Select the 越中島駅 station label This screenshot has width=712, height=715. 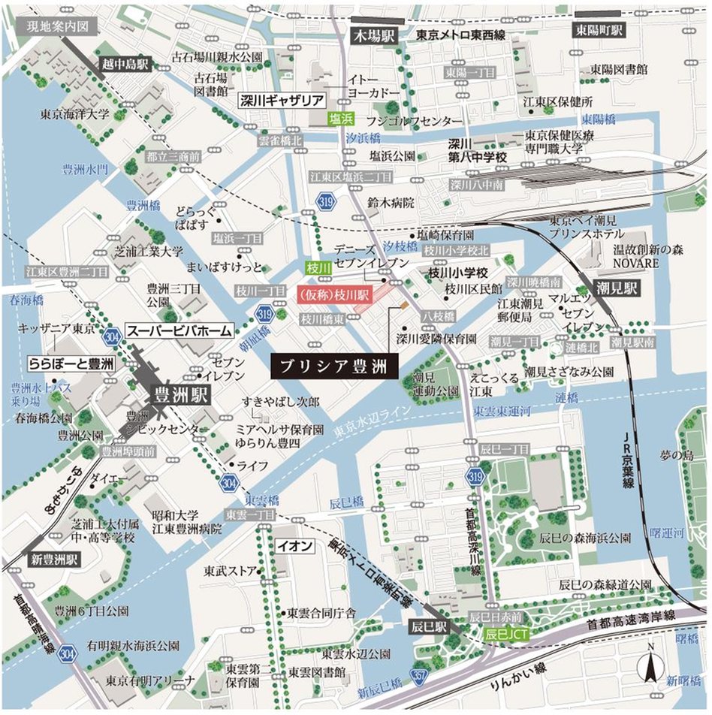click(x=128, y=65)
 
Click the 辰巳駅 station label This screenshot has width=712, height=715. click(x=428, y=625)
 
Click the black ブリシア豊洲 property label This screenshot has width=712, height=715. click(x=328, y=367)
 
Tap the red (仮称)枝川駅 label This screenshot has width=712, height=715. click(x=333, y=294)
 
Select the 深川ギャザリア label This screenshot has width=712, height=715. click(x=281, y=99)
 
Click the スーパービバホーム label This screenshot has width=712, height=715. click(x=179, y=329)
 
